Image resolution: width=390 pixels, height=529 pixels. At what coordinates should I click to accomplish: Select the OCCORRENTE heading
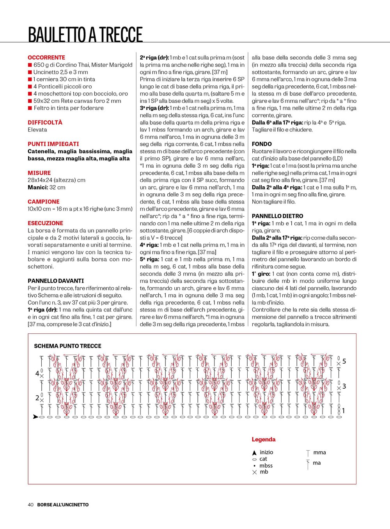pos(46,57)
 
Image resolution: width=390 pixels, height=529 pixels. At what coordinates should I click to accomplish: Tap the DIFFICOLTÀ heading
pos(45,122)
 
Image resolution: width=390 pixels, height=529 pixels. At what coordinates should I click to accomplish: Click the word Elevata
pos(37,130)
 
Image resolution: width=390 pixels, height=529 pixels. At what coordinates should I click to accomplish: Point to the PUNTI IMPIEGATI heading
pos(53,144)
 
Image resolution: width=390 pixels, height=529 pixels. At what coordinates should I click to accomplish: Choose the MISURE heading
pos(39,173)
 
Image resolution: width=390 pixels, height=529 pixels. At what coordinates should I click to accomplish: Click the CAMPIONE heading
pos(44,202)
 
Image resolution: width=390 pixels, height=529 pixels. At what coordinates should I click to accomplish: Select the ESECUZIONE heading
pos(45,223)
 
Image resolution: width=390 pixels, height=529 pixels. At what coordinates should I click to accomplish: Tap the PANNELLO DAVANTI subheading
pos(56,281)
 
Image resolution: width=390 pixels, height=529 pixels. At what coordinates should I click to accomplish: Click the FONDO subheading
pos(262,144)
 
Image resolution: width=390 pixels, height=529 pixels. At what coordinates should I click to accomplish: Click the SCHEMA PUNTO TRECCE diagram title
pos(67,346)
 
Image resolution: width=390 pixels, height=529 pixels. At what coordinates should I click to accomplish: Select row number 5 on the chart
pos(344,361)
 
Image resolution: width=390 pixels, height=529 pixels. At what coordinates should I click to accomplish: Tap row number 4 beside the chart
pos(37,373)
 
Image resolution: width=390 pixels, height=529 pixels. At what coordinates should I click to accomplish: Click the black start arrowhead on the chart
pos(35,417)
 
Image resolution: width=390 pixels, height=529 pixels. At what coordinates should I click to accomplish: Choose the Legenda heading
pos(263,439)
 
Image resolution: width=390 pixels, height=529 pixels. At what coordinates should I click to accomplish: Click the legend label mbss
pos(266,465)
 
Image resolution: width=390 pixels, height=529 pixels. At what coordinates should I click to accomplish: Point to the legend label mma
pos(319,452)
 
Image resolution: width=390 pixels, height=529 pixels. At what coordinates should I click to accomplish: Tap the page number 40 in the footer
pos(30,504)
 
